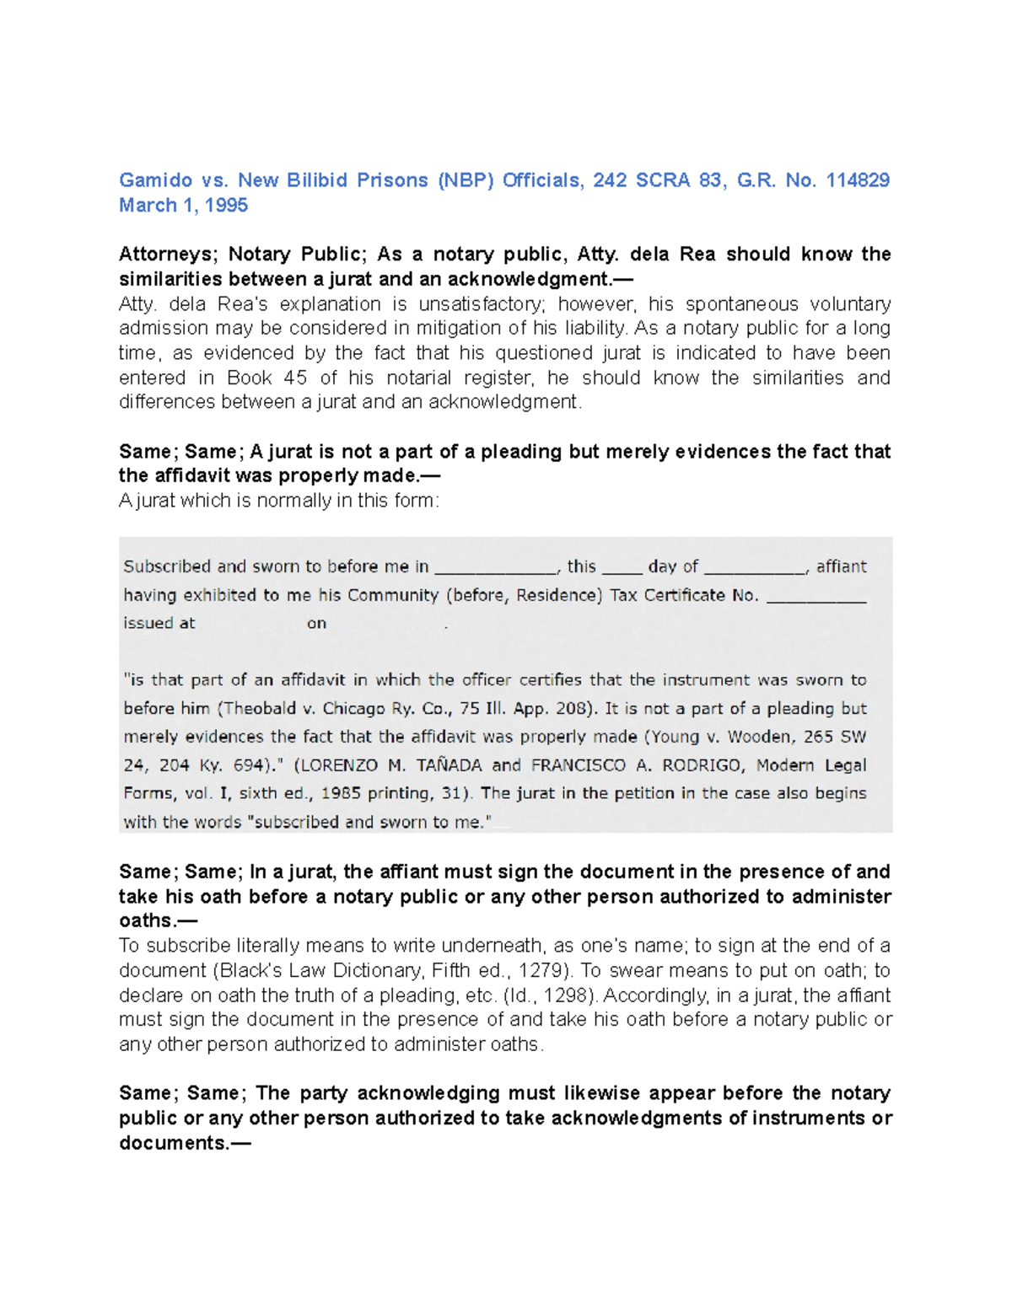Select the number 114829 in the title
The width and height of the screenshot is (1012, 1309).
point(858,180)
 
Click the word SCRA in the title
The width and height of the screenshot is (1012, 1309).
point(662,180)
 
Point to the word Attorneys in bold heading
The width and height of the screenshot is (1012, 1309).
point(167,255)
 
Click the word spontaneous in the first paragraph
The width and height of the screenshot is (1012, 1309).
point(741,304)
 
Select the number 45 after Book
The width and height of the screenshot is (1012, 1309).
point(295,378)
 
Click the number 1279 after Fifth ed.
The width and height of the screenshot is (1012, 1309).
point(539,970)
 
